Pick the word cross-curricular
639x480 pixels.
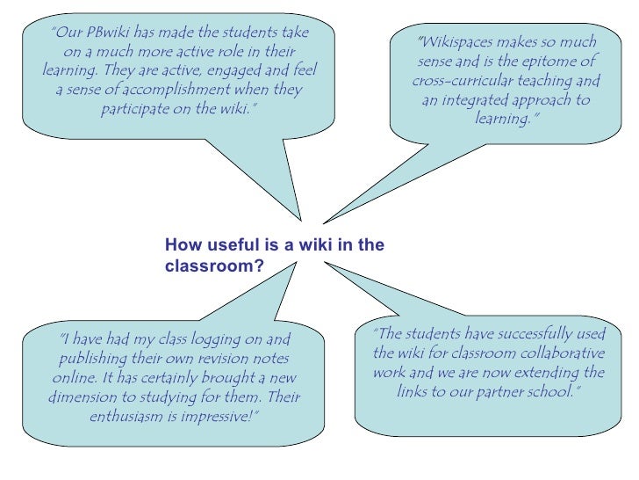pyautogui.click(x=462, y=82)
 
